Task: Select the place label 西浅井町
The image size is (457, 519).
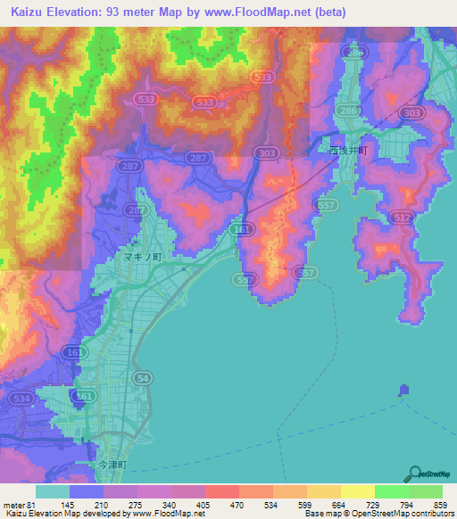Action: click(x=347, y=152)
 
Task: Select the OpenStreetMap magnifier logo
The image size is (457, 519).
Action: click(x=415, y=474)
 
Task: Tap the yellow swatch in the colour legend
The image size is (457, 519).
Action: click(x=357, y=491)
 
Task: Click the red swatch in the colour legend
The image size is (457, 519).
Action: click(x=221, y=491)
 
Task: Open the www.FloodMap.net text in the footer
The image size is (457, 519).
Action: click(x=166, y=514)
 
